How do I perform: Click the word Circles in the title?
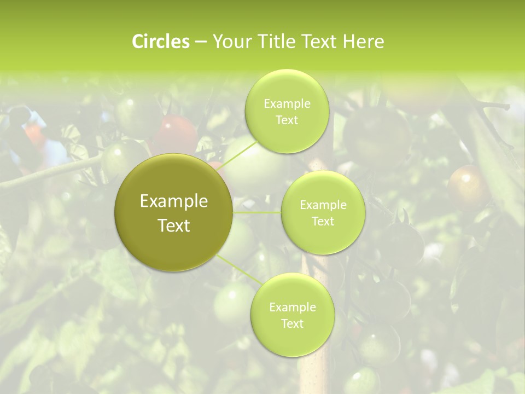click(160, 42)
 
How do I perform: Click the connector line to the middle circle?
click(256, 212)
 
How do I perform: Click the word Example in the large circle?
click(174, 201)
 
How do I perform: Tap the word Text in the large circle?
click(174, 225)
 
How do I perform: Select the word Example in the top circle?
click(287, 104)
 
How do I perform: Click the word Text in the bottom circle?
click(292, 323)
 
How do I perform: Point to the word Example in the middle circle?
click(323, 205)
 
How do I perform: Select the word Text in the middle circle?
click(323, 221)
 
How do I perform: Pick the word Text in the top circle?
click(287, 120)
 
